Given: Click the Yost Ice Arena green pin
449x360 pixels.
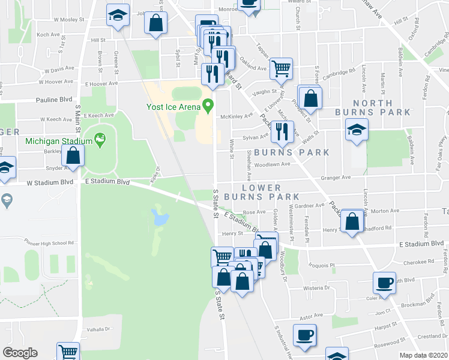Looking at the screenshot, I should pos(208,106).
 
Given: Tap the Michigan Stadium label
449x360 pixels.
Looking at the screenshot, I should pos(59,142).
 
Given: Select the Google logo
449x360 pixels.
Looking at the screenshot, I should pos(20,353).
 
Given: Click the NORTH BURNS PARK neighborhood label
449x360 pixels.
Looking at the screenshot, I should pos(382,107).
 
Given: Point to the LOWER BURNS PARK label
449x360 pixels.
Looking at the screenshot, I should pos(261,192).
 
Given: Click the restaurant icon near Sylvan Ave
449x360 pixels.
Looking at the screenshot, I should pos(282,131).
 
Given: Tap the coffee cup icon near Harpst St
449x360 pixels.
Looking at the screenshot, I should pos(304,335).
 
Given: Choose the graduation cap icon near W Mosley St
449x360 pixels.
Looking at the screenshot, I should pos(118,14).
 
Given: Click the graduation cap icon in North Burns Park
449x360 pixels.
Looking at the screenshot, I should pos(357,129).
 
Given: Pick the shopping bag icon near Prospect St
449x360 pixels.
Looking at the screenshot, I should pos(310,97).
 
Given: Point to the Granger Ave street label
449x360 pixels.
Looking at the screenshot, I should pos(336,178).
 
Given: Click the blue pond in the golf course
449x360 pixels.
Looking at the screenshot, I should pos(160,217).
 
